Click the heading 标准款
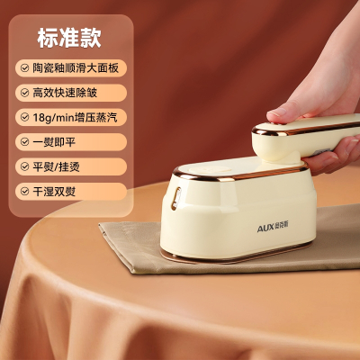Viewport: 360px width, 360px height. [x=69, y=38]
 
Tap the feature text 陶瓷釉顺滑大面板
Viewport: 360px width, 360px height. [x=76, y=68]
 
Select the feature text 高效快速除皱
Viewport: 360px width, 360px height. [x=65, y=93]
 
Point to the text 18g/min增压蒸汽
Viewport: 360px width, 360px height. [x=75, y=117]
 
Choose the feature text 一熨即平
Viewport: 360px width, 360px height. [x=54, y=142]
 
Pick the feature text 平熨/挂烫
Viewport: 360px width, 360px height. [x=56, y=166]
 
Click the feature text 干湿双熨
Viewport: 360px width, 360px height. [x=54, y=191]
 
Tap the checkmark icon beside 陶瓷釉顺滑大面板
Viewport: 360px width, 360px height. [x=24, y=68]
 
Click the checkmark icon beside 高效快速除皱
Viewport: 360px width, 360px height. [x=24, y=93]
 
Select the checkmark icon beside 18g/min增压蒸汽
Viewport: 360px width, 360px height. [x=24, y=117]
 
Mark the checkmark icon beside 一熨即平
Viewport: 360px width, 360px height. [x=24, y=142]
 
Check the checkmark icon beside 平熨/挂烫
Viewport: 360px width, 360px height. [x=24, y=166]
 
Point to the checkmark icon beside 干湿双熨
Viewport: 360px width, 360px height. [x=24, y=191]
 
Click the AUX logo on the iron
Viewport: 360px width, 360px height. [x=273, y=228]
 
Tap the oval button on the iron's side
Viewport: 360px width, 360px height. [x=176, y=198]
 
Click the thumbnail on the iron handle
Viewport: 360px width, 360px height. [x=277, y=112]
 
